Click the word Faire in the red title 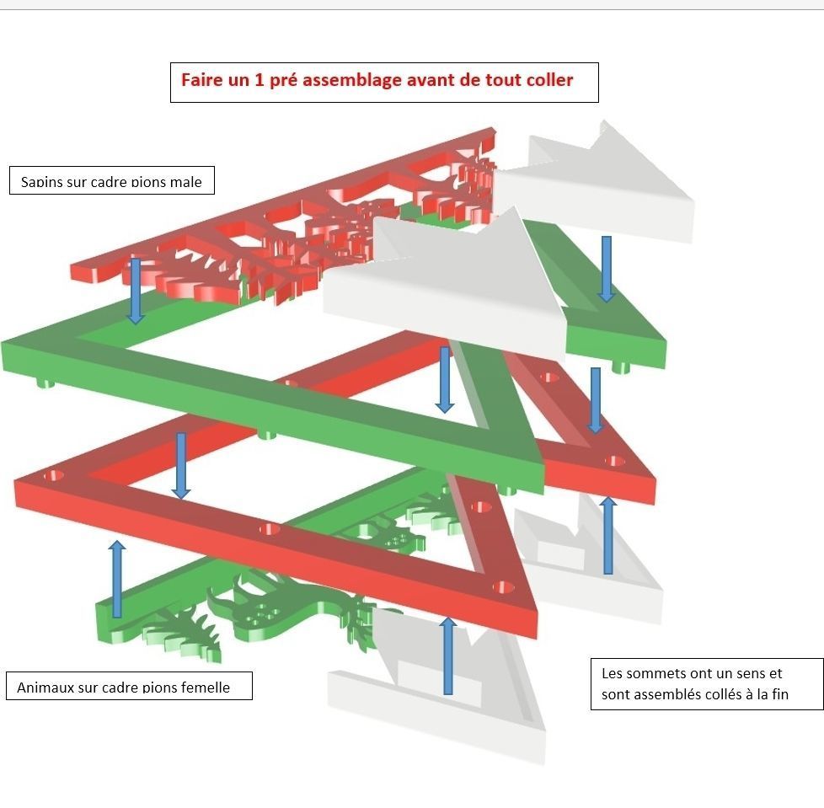(x=201, y=81)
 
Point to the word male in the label (x=184, y=182)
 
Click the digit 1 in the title (x=257, y=81)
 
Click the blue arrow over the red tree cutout (x=135, y=291)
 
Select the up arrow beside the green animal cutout (x=117, y=579)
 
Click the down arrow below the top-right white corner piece (x=605, y=268)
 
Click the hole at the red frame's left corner (x=56, y=476)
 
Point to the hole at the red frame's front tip (x=505, y=586)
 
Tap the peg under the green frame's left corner (x=45, y=383)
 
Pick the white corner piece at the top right (x=607, y=181)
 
